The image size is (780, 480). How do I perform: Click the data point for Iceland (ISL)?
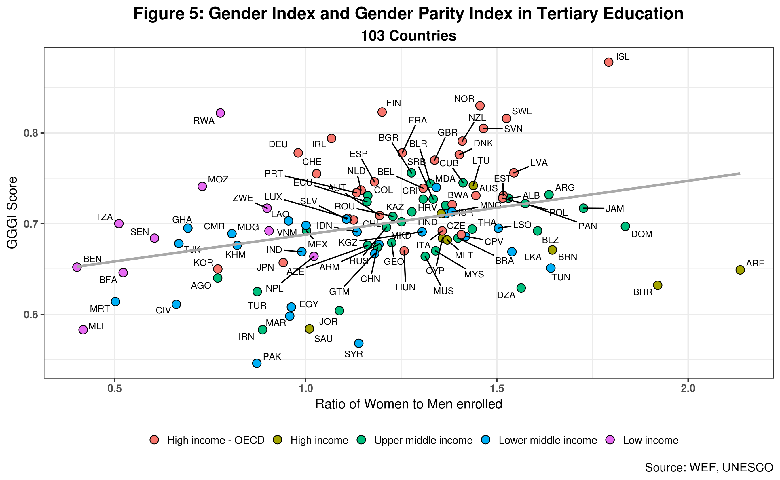click(608, 62)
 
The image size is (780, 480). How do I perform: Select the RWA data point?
click(220, 113)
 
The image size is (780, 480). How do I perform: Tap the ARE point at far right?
click(740, 270)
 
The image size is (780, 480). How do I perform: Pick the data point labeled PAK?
click(257, 363)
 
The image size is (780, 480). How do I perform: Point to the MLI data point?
click(83, 330)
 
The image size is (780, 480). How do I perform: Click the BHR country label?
click(642, 292)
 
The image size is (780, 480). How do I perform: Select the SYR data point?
click(358, 343)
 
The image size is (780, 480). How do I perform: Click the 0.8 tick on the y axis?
click(31, 133)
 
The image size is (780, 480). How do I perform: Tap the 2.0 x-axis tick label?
click(688, 388)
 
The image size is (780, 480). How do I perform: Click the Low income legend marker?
click(610, 440)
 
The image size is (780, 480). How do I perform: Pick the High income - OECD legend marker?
click(154, 440)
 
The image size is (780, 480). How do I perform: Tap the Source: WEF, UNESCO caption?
click(709, 467)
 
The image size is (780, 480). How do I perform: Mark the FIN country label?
click(393, 103)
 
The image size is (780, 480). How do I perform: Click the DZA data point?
click(521, 288)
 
